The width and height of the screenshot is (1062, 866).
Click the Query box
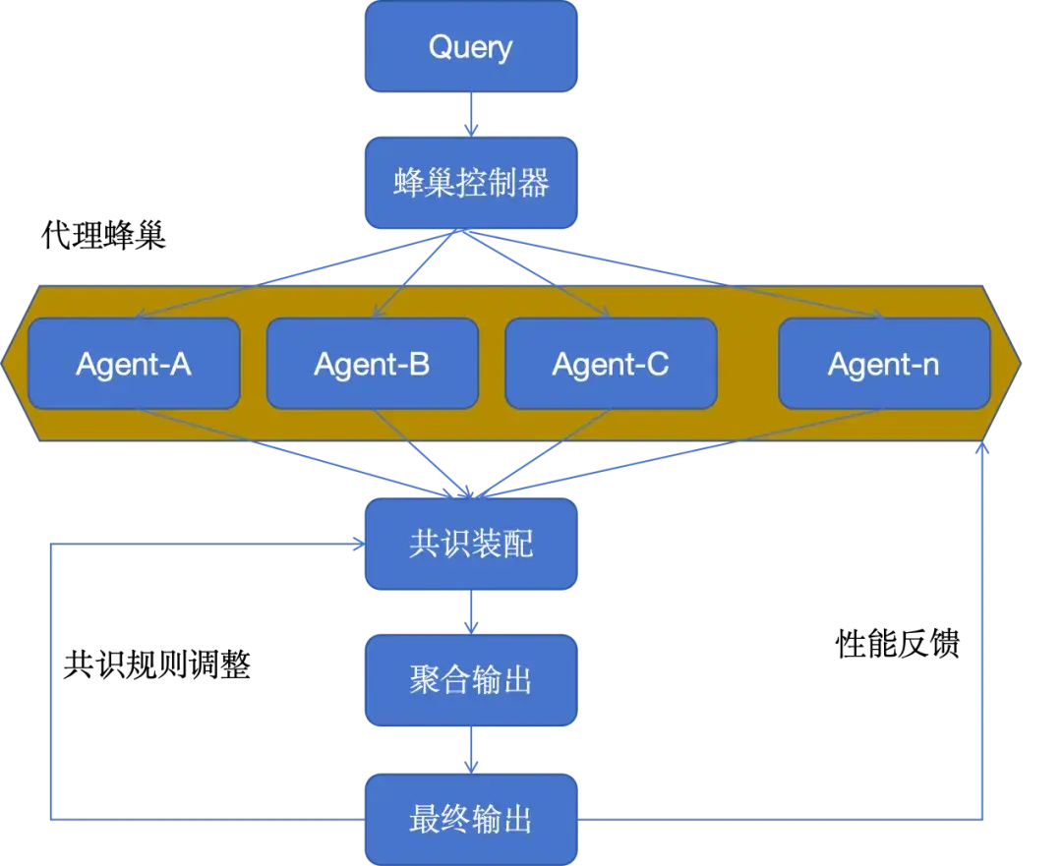point(471,47)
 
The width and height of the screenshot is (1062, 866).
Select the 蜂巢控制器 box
point(471,183)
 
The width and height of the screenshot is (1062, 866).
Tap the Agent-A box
point(134,364)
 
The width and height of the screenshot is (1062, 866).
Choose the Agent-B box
point(372,364)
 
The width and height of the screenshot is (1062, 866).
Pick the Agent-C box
point(611,364)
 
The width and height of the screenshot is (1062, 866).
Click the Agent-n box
point(884,364)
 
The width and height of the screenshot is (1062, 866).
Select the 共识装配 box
point(471,544)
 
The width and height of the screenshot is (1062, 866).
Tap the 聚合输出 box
point(471,680)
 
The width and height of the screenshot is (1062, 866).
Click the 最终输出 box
point(471,818)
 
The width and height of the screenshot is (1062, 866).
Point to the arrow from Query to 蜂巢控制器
point(471,114)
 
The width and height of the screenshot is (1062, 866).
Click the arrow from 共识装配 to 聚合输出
point(471,612)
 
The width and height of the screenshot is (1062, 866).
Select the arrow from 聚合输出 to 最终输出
point(471,749)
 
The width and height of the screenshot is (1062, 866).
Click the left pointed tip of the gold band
point(6,363)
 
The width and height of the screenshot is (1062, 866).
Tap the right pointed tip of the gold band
point(1019,363)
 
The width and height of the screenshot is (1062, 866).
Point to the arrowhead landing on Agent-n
point(878,316)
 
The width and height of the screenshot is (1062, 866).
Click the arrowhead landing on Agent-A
point(141,316)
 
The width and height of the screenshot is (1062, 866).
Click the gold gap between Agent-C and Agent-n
point(747,364)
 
